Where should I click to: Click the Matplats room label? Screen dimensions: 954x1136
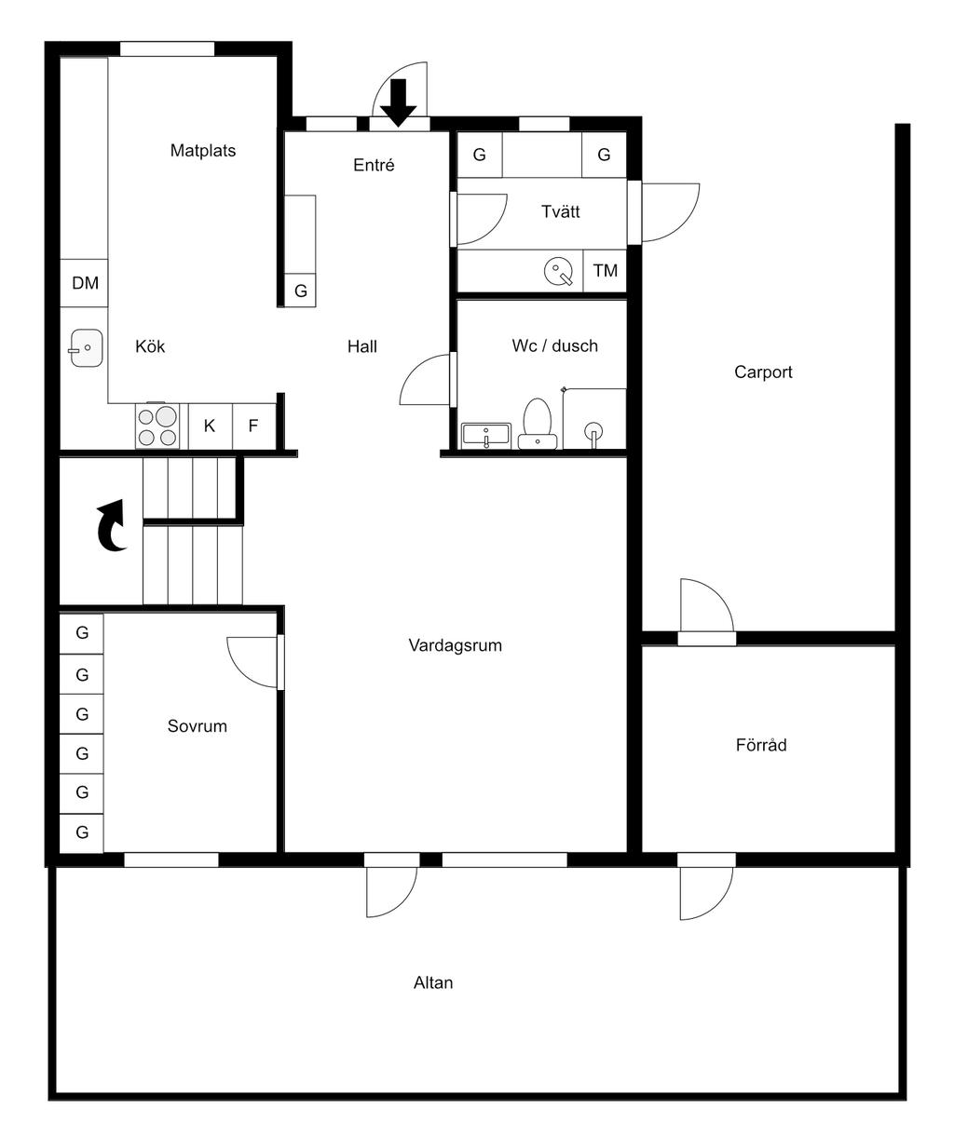[x=202, y=150]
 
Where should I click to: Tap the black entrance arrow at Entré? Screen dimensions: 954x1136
[x=399, y=102]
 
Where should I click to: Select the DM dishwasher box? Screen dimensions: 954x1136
[x=84, y=283]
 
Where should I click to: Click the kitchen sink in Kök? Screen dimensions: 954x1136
[x=86, y=347]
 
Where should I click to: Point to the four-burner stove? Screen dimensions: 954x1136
[x=157, y=426]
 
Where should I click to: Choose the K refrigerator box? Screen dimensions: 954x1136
[x=211, y=426]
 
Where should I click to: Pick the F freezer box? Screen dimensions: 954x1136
[x=253, y=426]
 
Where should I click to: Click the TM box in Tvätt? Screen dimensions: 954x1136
[x=605, y=270]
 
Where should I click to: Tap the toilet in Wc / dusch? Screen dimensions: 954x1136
[x=538, y=424]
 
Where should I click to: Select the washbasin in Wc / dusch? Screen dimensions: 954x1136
[x=486, y=435]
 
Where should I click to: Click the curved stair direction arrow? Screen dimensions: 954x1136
[x=113, y=525]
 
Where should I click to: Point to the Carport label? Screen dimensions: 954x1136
[x=763, y=372]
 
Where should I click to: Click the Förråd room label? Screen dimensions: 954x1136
[x=761, y=744]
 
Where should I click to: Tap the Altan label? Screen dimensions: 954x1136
[x=433, y=982]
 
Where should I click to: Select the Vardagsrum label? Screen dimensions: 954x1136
[x=456, y=645]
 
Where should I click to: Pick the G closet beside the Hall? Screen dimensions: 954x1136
[x=301, y=291]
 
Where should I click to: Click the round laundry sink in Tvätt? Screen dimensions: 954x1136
[x=559, y=270]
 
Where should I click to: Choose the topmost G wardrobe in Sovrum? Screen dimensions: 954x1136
[x=82, y=633]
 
